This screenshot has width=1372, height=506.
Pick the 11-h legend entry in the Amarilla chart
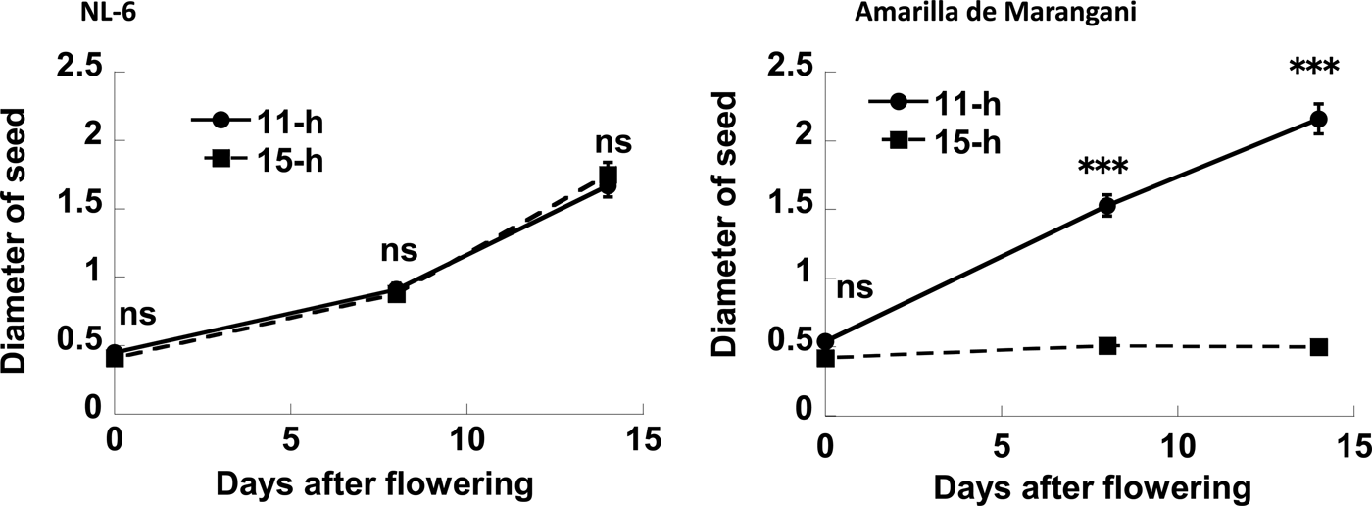(935, 103)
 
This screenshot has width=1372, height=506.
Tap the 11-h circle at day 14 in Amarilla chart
(1319, 119)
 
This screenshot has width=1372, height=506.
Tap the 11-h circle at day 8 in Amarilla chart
(1107, 206)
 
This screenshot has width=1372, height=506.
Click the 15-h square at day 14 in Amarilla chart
(1319, 347)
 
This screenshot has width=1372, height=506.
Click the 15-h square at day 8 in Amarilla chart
(1107, 346)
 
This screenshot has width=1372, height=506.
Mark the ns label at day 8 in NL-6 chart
(398, 252)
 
